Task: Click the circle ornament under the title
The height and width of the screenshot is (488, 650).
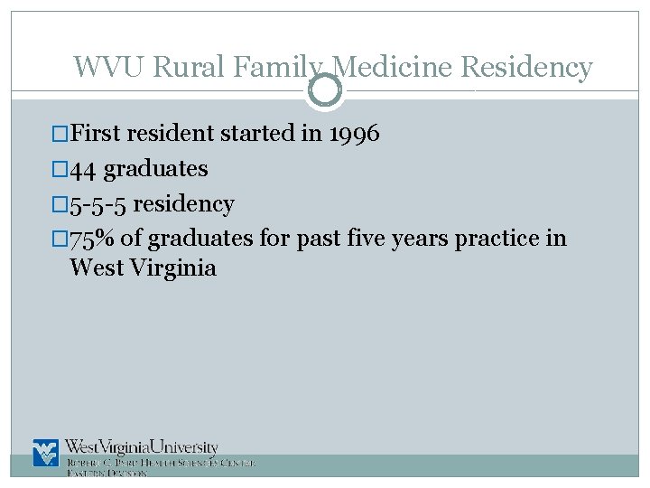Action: (325, 89)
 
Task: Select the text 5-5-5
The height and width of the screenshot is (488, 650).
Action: (98, 204)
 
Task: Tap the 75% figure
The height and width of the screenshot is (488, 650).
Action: (92, 239)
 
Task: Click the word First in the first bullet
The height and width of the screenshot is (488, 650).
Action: (96, 134)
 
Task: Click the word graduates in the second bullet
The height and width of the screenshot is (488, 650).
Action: (156, 169)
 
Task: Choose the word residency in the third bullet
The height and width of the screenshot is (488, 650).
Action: (184, 204)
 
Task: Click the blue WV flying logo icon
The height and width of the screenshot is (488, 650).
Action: (46, 453)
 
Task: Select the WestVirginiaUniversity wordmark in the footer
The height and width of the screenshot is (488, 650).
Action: (142, 447)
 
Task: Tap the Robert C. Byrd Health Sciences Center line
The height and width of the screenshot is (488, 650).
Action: (161, 463)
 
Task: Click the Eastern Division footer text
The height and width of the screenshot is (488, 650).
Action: (107, 474)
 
